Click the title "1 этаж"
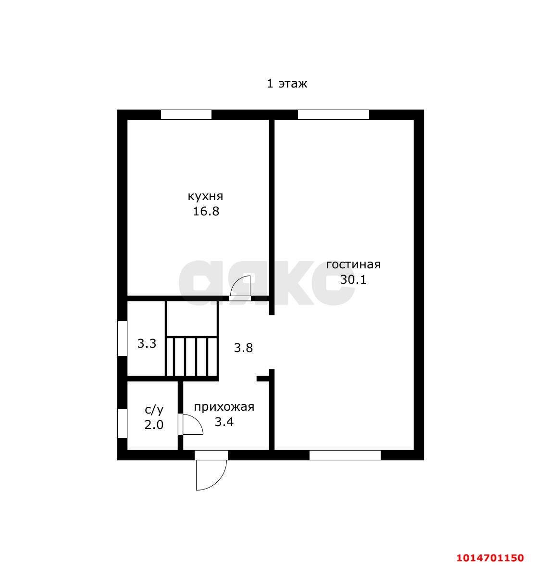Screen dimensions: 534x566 click(287, 84)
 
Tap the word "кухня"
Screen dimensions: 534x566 click(205, 196)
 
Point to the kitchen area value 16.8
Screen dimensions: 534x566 click(206, 211)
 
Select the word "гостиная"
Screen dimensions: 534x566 click(353, 264)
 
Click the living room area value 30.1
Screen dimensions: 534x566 click(353, 279)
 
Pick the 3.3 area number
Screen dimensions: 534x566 click(147, 343)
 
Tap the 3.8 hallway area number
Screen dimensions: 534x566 click(243, 348)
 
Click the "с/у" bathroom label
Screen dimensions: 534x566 click(154, 410)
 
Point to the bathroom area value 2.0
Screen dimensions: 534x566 click(154, 425)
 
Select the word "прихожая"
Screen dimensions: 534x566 click(224, 407)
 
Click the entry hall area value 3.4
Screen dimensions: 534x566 click(224, 422)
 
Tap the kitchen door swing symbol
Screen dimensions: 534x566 click(240, 288)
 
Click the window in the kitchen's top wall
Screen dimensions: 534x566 click(186, 114)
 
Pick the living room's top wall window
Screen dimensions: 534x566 click(334, 114)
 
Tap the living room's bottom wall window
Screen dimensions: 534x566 click(345, 455)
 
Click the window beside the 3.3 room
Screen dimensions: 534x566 click(122, 338)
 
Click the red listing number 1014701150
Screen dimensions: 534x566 click(490, 558)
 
